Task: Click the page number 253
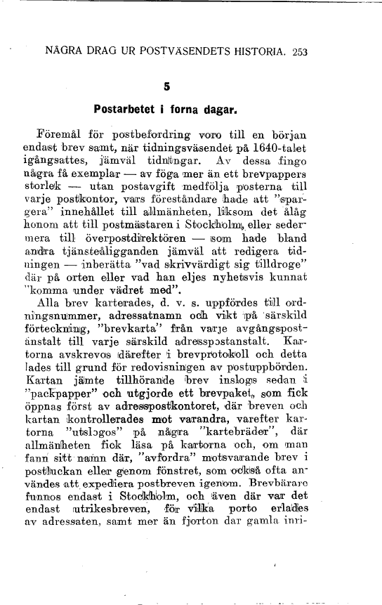[300, 51]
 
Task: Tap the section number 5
[167, 87]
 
